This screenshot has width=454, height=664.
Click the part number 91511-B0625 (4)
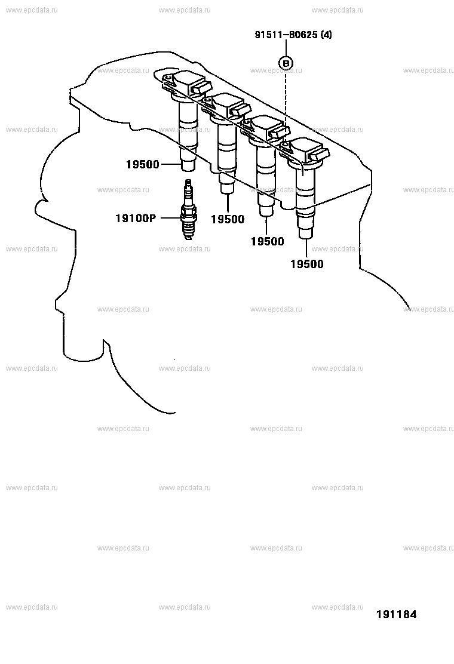[x=293, y=35]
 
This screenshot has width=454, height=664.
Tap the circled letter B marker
[x=286, y=63]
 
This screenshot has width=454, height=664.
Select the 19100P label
[x=136, y=218]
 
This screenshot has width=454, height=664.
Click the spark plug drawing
[x=188, y=210]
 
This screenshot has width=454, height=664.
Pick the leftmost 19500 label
[x=142, y=164]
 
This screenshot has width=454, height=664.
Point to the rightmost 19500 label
[x=306, y=265]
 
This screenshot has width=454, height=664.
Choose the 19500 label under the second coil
[x=228, y=219]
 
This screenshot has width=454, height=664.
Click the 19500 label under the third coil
[x=267, y=241]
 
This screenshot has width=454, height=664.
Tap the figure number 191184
[x=397, y=614]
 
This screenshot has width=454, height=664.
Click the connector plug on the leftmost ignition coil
[x=200, y=87]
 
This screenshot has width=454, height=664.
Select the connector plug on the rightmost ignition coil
[x=318, y=155]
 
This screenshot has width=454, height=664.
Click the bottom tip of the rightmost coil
[x=305, y=238]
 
